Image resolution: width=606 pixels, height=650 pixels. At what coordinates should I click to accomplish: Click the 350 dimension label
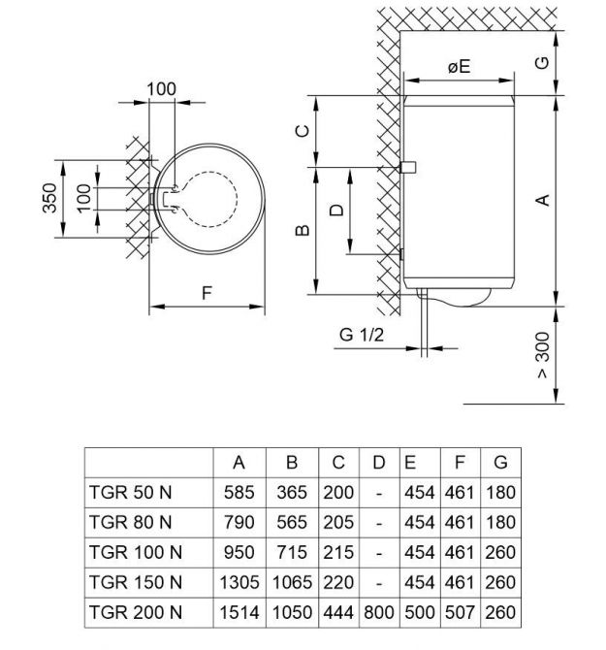(49, 198)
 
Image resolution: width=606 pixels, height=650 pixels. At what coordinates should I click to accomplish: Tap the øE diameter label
(460, 66)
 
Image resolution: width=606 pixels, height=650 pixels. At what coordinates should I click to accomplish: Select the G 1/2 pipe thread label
(362, 335)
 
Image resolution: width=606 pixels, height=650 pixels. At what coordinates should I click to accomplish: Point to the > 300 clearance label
(543, 355)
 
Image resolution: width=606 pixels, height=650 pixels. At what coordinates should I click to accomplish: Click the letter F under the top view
(207, 293)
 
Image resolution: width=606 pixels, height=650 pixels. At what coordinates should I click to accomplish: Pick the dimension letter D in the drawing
(336, 211)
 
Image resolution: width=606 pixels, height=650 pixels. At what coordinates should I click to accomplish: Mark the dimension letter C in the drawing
(303, 131)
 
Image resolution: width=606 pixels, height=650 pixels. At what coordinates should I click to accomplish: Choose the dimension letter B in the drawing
(303, 230)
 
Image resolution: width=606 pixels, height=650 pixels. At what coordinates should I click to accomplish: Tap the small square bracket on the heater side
(407, 167)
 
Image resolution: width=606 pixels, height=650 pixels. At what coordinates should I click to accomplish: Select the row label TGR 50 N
(130, 492)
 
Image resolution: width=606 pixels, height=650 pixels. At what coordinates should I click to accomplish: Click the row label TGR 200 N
(136, 612)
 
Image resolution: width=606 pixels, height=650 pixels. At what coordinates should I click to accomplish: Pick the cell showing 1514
(239, 612)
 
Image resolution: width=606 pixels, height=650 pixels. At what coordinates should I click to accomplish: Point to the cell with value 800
(379, 612)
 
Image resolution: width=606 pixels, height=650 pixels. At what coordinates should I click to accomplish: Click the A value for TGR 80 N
(239, 522)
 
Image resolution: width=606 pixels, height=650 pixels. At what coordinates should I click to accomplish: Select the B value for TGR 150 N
(292, 582)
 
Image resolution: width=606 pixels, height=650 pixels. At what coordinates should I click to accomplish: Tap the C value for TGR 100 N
(338, 552)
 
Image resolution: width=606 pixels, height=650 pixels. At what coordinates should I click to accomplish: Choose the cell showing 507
(460, 612)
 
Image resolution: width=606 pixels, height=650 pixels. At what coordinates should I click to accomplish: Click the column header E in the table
(410, 462)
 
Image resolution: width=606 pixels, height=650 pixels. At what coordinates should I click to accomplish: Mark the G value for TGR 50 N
(500, 492)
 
